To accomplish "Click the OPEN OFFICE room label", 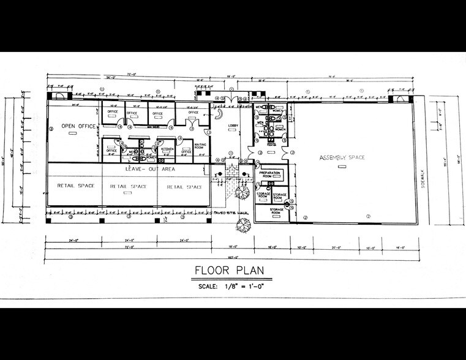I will click(x=76, y=126).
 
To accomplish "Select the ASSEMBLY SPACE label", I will click(x=342, y=158).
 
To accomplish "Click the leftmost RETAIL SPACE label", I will click(x=76, y=186).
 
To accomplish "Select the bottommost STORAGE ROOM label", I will click(x=277, y=211).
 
